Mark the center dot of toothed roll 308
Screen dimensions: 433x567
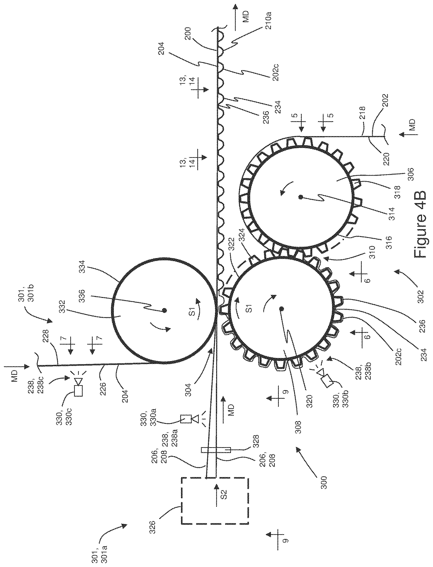281,308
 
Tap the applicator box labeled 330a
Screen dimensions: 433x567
186,419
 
